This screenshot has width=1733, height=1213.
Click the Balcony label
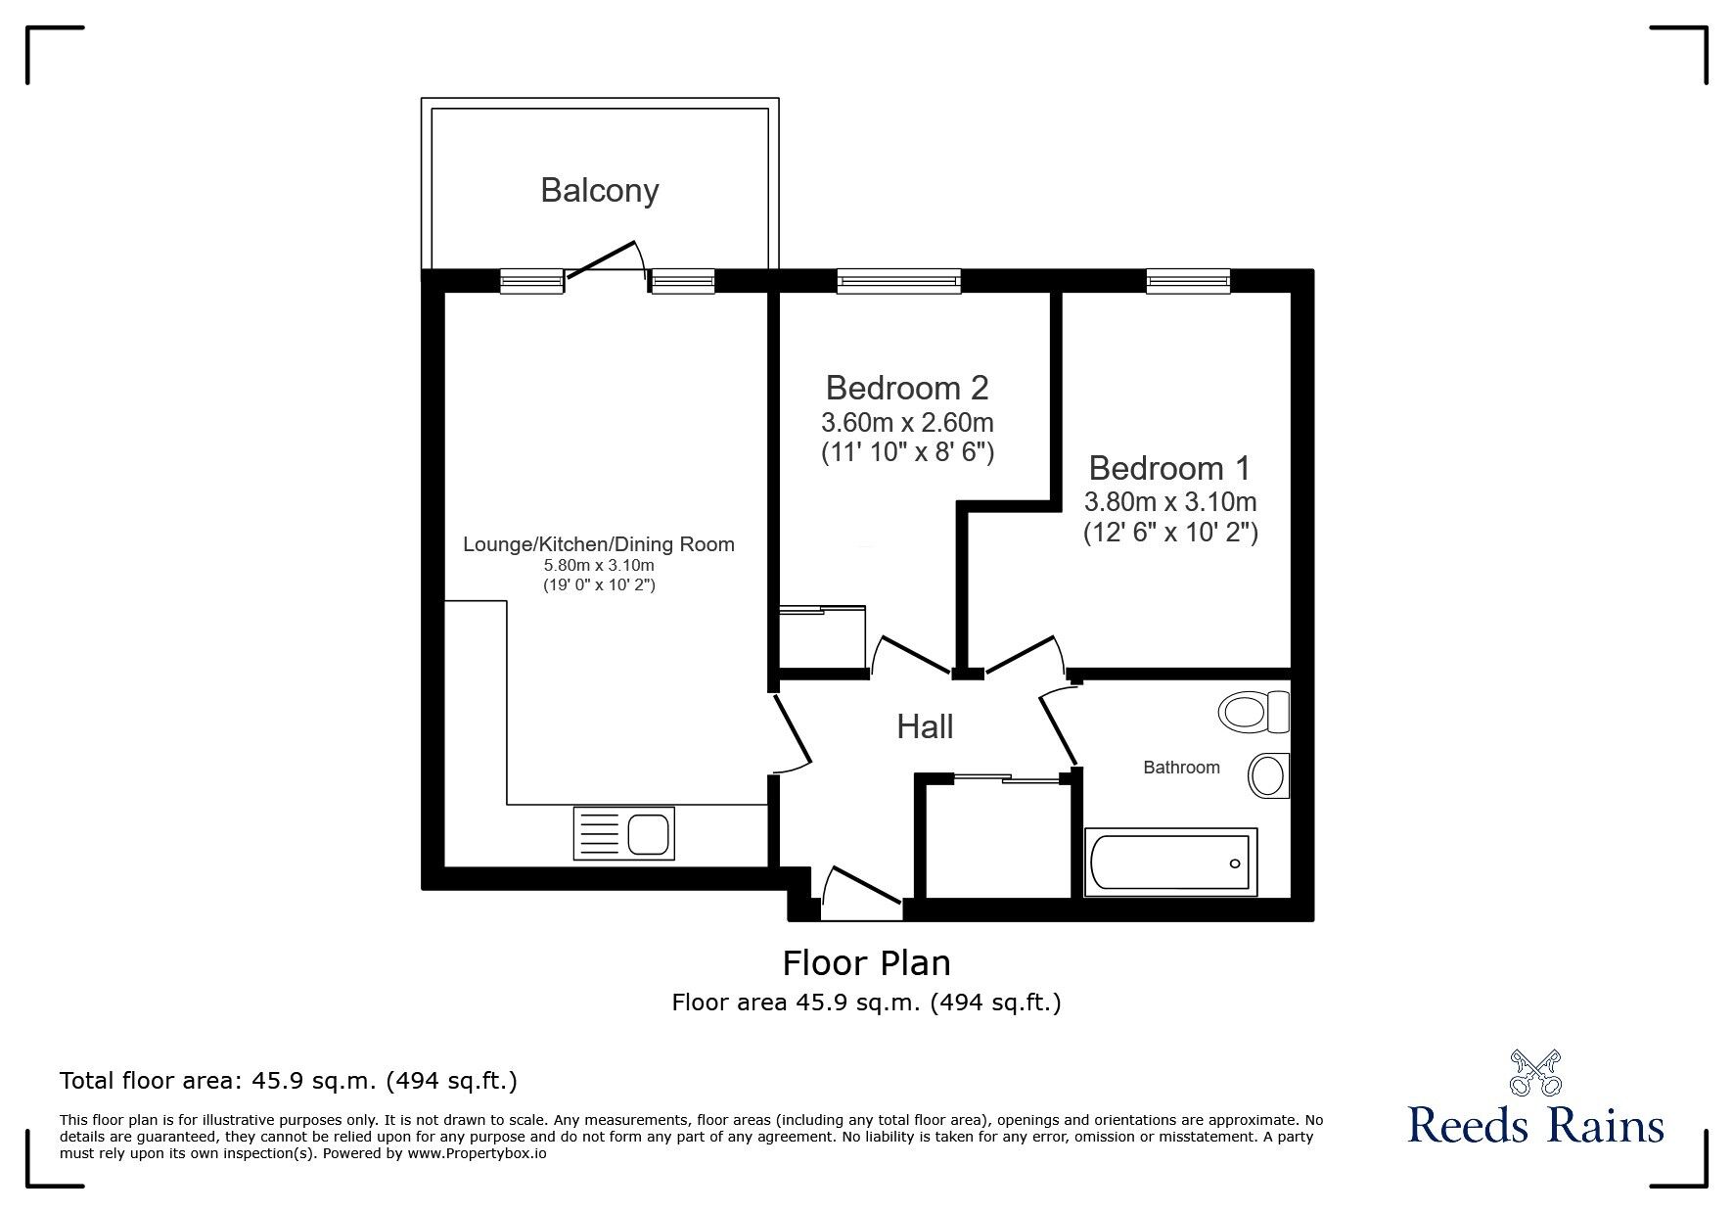pyautogui.click(x=600, y=190)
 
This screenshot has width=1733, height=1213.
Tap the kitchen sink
pyautogui.click(x=623, y=834)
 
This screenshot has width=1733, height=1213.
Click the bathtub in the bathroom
pyautogui.click(x=1170, y=863)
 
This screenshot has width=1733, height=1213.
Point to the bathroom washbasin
pyautogui.click(x=1268, y=776)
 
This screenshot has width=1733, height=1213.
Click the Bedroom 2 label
pyautogui.click(x=907, y=388)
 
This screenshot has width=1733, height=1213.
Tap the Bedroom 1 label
pyautogui.click(x=1169, y=468)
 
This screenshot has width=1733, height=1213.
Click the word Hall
pyautogui.click(x=925, y=726)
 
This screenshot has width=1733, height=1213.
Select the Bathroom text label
pyautogui.click(x=1181, y=768)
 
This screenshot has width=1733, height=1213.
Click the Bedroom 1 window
pyautogui.click(x=1188, y=282)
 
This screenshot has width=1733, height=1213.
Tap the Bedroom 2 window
pyautogui.click(x=899, y=282)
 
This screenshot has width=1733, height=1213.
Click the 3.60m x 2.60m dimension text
pyautogui.click(x=907, y=424)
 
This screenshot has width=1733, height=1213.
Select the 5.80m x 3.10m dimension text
pyautogui.click(x=599, y=566)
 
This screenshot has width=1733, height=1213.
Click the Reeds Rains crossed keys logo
pyautogui.click(x=1535, y=1073)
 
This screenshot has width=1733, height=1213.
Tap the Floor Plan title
pyautogui.click(x=866, y=963)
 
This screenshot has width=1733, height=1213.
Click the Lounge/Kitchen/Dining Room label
pyautogui.click(x=599, y=544)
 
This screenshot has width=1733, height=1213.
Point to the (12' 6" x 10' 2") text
pyautogui.click(x=1169, y=534)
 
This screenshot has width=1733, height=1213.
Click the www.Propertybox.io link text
pyautogui.click(x=477, y=1153)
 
